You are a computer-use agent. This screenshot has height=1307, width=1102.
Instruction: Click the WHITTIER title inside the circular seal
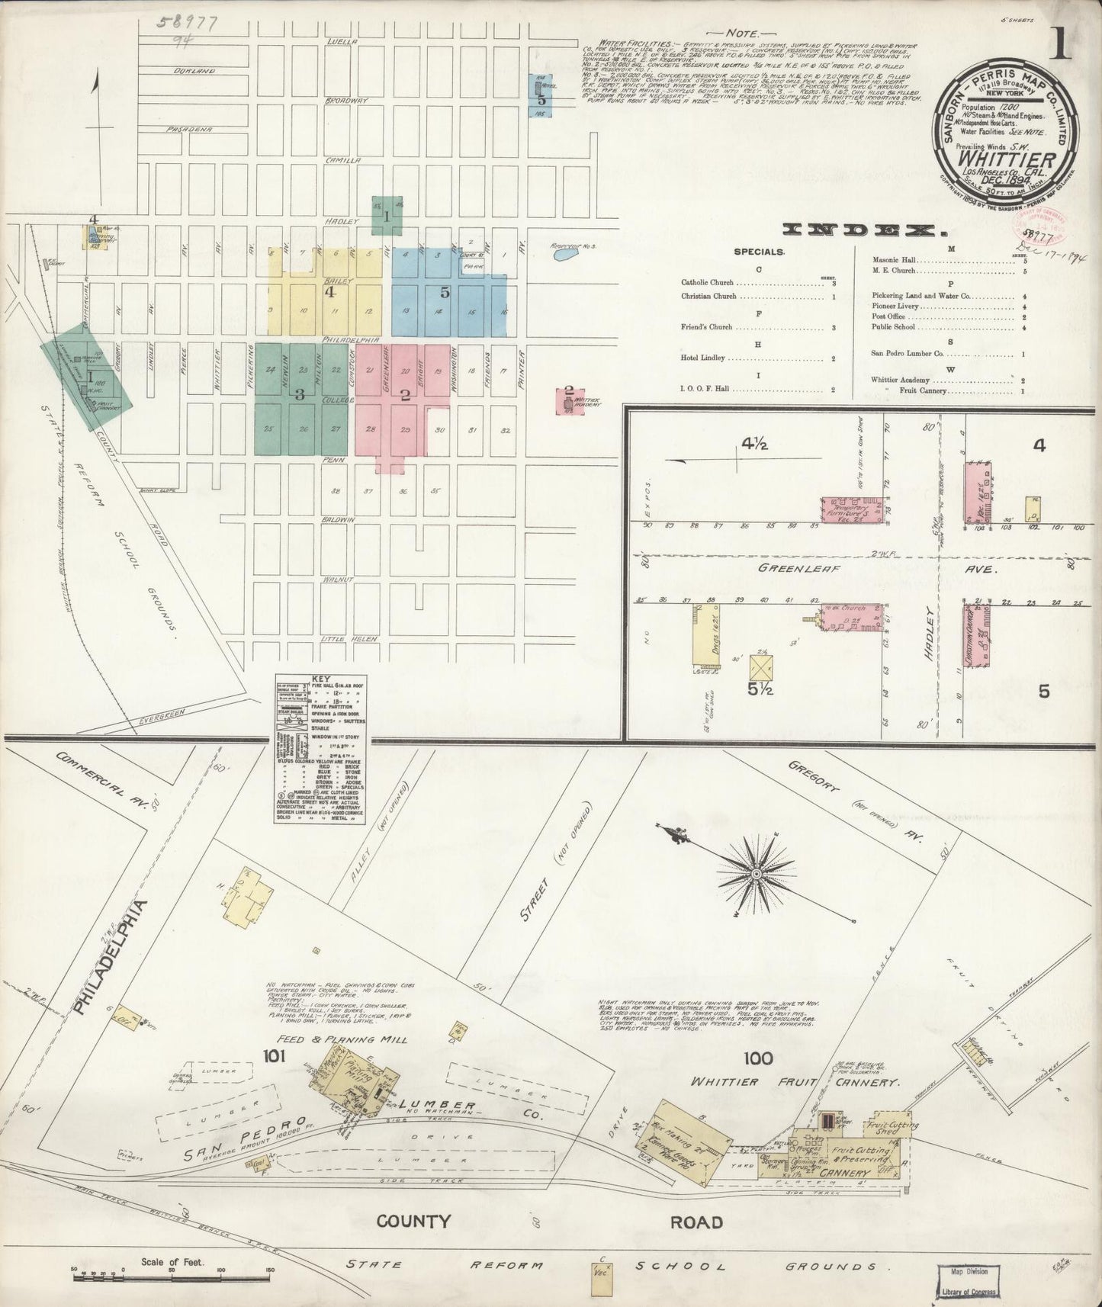pyautogui.click(x=1007, y=162)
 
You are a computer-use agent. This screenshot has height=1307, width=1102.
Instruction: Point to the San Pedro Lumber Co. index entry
pyautogui.click(x=908, y=354)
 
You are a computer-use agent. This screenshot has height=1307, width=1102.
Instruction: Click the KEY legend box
pyautogui.click(x=320, y=747)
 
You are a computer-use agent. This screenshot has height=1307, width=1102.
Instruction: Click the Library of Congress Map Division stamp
pyautogui.click(x=968, y=1276)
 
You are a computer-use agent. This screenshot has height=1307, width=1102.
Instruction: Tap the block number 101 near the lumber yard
pyautogui.click(x=273, y=1057)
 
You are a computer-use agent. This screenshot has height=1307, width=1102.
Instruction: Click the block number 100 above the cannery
pyautogui.click(x=759, y=1058)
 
